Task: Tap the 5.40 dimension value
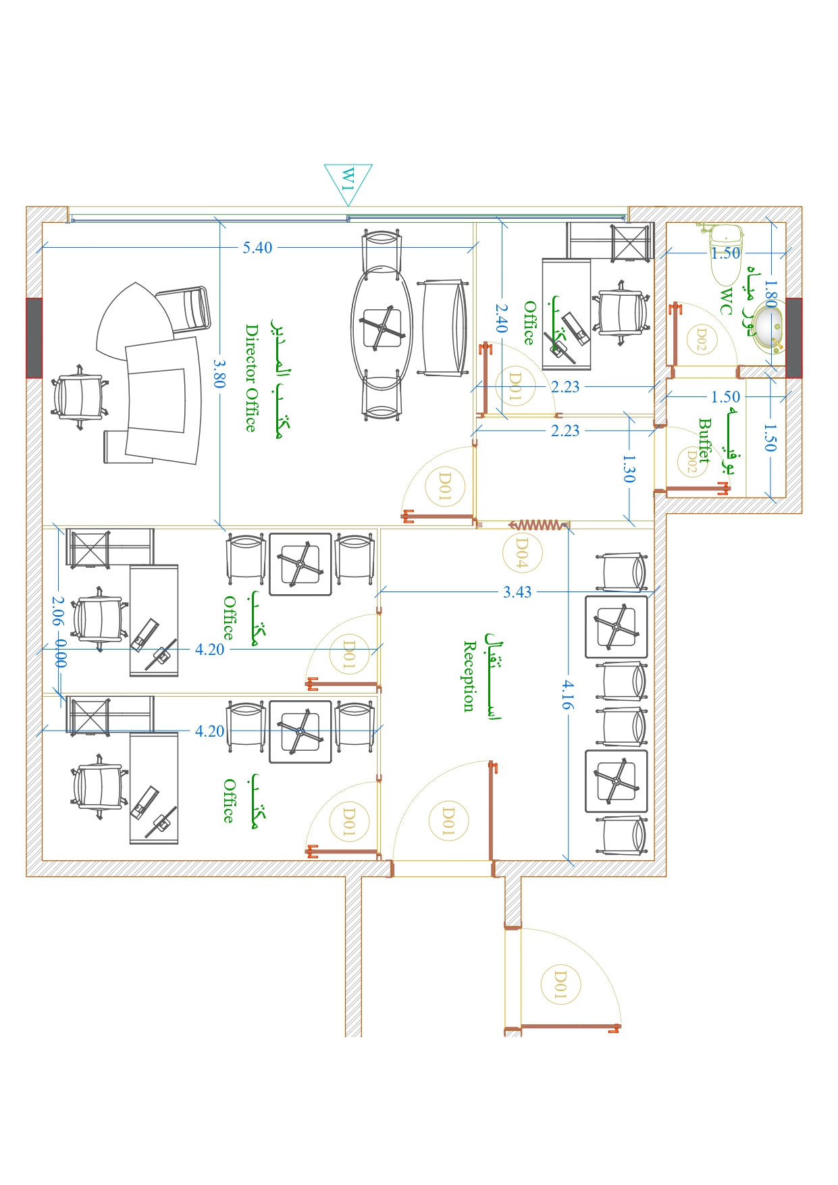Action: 257,248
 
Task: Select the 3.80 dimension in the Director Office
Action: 219,373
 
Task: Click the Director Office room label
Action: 251,378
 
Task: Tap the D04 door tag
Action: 521,552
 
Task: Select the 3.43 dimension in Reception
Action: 517,592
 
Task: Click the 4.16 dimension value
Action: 568,694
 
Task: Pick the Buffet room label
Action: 705,440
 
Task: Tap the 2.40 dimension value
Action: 501,317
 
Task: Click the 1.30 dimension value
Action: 629,469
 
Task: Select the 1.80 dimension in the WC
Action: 770,294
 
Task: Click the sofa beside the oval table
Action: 444,327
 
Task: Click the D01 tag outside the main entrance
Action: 560,984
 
